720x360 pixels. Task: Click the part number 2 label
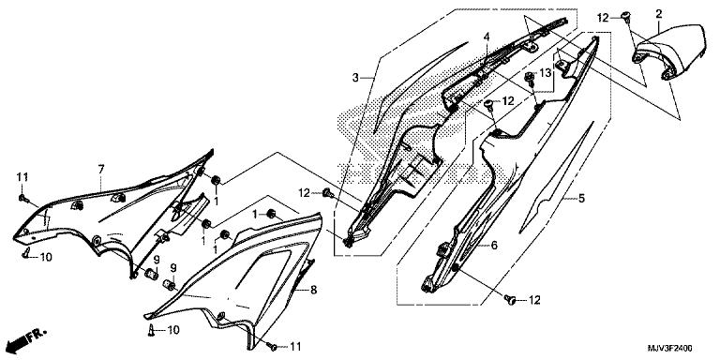[659, 14]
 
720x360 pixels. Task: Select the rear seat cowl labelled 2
[669, 52]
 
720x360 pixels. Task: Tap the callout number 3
[355, 78]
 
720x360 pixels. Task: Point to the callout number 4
[486, 36]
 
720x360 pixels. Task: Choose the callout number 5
[581, 199]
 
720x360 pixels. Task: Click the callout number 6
[494, 246]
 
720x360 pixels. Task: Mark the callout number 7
[101, 170]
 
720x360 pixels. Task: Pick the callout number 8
[314, 290]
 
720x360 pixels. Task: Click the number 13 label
[545, 72]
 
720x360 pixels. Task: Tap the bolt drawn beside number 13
[531, 78]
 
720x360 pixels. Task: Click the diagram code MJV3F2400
[669, 348]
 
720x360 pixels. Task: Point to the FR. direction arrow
[26, 339]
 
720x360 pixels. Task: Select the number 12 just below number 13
[508, 100]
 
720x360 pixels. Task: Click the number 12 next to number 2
[603, 18]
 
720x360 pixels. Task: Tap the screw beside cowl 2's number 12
[625, 17]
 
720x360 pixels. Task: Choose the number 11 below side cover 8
[295, 347]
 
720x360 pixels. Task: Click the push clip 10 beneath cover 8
[151, 329]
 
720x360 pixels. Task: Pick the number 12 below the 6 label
[534, 301]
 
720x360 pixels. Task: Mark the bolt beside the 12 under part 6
[509, 300]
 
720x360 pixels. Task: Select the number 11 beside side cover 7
[22, 177]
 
